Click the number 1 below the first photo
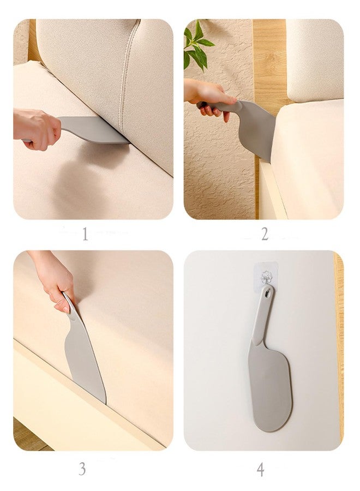point(85,234)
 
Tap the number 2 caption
point(265,234)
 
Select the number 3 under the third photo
point(82,469)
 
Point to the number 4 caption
point(260,470)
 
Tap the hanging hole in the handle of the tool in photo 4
point(266,294)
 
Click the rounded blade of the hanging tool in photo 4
point(270,387)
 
